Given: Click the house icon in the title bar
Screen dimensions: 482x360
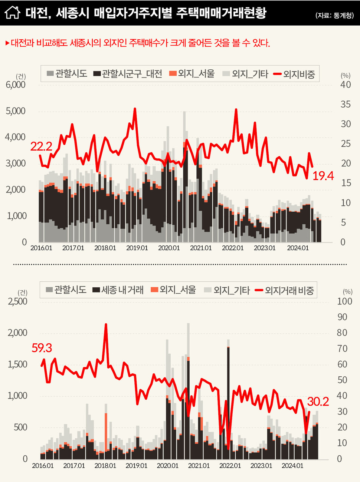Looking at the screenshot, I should tap(12, 12).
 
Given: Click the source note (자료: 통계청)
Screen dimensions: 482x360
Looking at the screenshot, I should tap(334, 15).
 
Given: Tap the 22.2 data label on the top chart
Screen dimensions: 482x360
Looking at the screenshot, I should tap(41, 146).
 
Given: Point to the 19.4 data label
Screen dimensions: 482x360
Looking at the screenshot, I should tap(323, 176).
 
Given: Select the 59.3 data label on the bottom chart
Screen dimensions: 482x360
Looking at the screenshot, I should tap(42, 348).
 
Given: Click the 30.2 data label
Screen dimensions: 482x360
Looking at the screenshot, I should tap(318, 402).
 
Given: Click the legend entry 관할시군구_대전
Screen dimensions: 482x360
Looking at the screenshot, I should tap(128, 74).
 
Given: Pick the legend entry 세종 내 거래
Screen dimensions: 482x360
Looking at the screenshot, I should tap(118, 290).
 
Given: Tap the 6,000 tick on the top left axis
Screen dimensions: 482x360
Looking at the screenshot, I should tap(16, 85).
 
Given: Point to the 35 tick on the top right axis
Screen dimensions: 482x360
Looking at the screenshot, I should tap(346, 104).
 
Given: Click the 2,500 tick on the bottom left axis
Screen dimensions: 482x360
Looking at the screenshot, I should tap(18, 301).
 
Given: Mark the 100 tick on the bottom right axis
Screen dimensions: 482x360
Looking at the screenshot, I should tap(344, 301).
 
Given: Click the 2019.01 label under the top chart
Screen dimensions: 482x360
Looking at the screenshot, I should tap(137, 248).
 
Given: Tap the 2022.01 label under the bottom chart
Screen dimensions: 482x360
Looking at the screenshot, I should tap(230, 465).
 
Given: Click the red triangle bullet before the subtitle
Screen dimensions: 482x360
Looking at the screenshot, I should tap(7, 43).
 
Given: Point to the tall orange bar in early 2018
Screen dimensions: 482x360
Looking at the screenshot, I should tap(106, 432).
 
